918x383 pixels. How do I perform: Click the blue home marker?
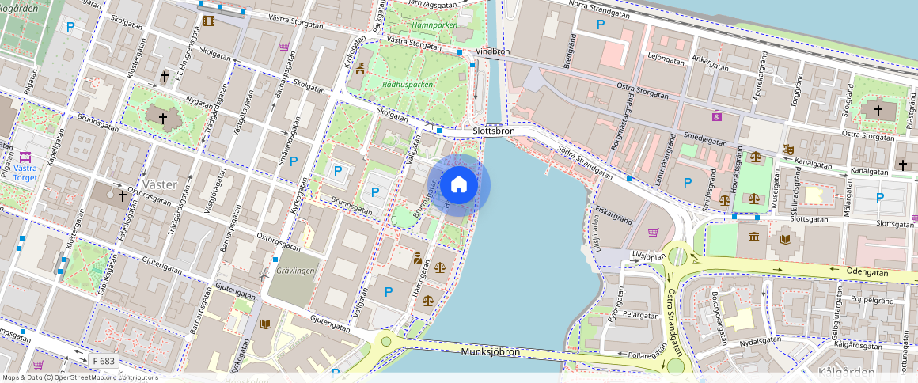[x=458, y=186]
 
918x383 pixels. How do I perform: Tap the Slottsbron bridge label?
[x=493, y=131]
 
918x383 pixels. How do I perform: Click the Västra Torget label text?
[x=25, y=172]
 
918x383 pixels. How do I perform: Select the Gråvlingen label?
[x=296, y=270]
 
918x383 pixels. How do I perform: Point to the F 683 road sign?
[x=104, y=361]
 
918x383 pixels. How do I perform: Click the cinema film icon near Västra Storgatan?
[x=208, y=20]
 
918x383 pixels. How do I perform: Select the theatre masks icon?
[x=788, y=149]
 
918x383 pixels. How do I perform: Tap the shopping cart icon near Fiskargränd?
[x=653, y=232]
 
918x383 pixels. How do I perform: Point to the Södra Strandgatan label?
[x=585, y=161]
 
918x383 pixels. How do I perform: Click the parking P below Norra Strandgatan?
[x=601, y=25]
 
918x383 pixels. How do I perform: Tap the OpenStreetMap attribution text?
[x=80, y=377]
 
